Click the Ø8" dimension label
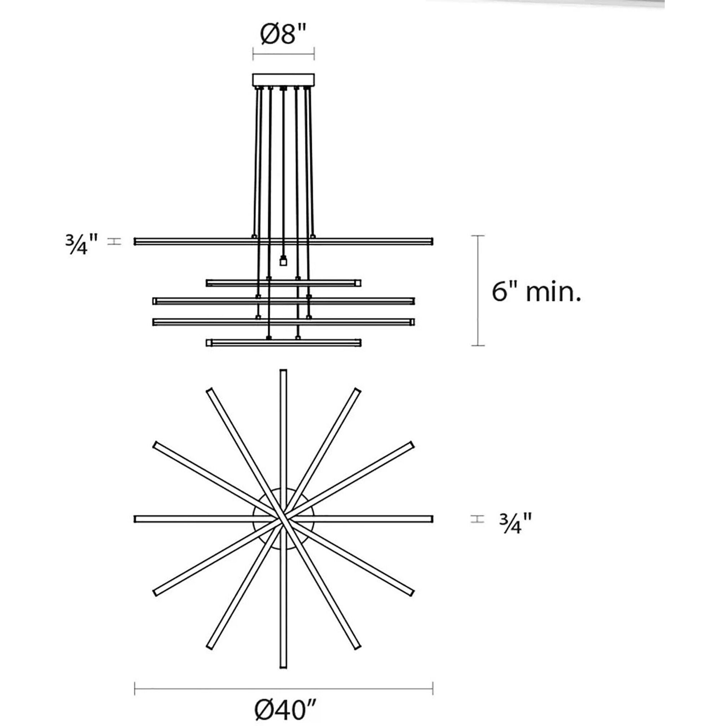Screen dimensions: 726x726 pyautogui.click(x=283, y=35)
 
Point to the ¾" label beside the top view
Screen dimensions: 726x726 pyautogui.click(x=515, y=523)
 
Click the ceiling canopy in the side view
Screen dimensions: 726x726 pyautogui.click(x=283, y=80)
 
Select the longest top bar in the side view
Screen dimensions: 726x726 pyautogui.click(x=284, y=241)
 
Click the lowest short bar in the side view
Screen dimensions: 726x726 pyautogui.click(x=284, y=342)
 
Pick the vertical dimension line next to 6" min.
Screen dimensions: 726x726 pyautogui.click(x=478, y=291)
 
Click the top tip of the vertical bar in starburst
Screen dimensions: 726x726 pyautogui.click(x=283, y=372)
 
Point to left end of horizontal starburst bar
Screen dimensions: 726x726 pyautogui.click(x=136, y=519)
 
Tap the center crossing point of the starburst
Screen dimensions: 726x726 pyautogui.click(x=283, y=519)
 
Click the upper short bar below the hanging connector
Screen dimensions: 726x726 pyautogui.click(x=284, y=283)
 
